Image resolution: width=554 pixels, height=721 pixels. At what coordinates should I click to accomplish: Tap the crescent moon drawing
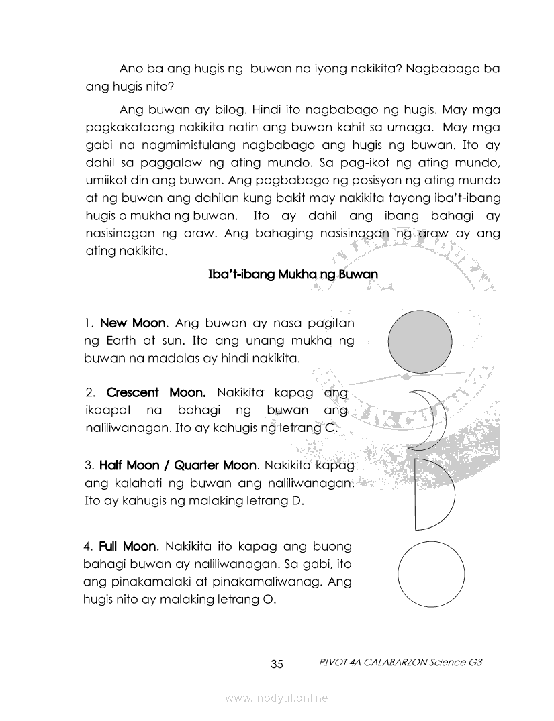click(430, 419)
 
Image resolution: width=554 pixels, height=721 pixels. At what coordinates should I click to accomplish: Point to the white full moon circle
click(431, 574)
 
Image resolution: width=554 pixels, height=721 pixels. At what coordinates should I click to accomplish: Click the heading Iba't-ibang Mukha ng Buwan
click(294, 274)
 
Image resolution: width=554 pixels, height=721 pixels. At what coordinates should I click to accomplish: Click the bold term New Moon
click(132, 323)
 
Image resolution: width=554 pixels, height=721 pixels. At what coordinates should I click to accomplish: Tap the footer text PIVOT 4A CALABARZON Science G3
click(402, 662)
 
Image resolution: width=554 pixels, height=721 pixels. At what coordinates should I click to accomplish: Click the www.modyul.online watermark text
click(277, 698)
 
